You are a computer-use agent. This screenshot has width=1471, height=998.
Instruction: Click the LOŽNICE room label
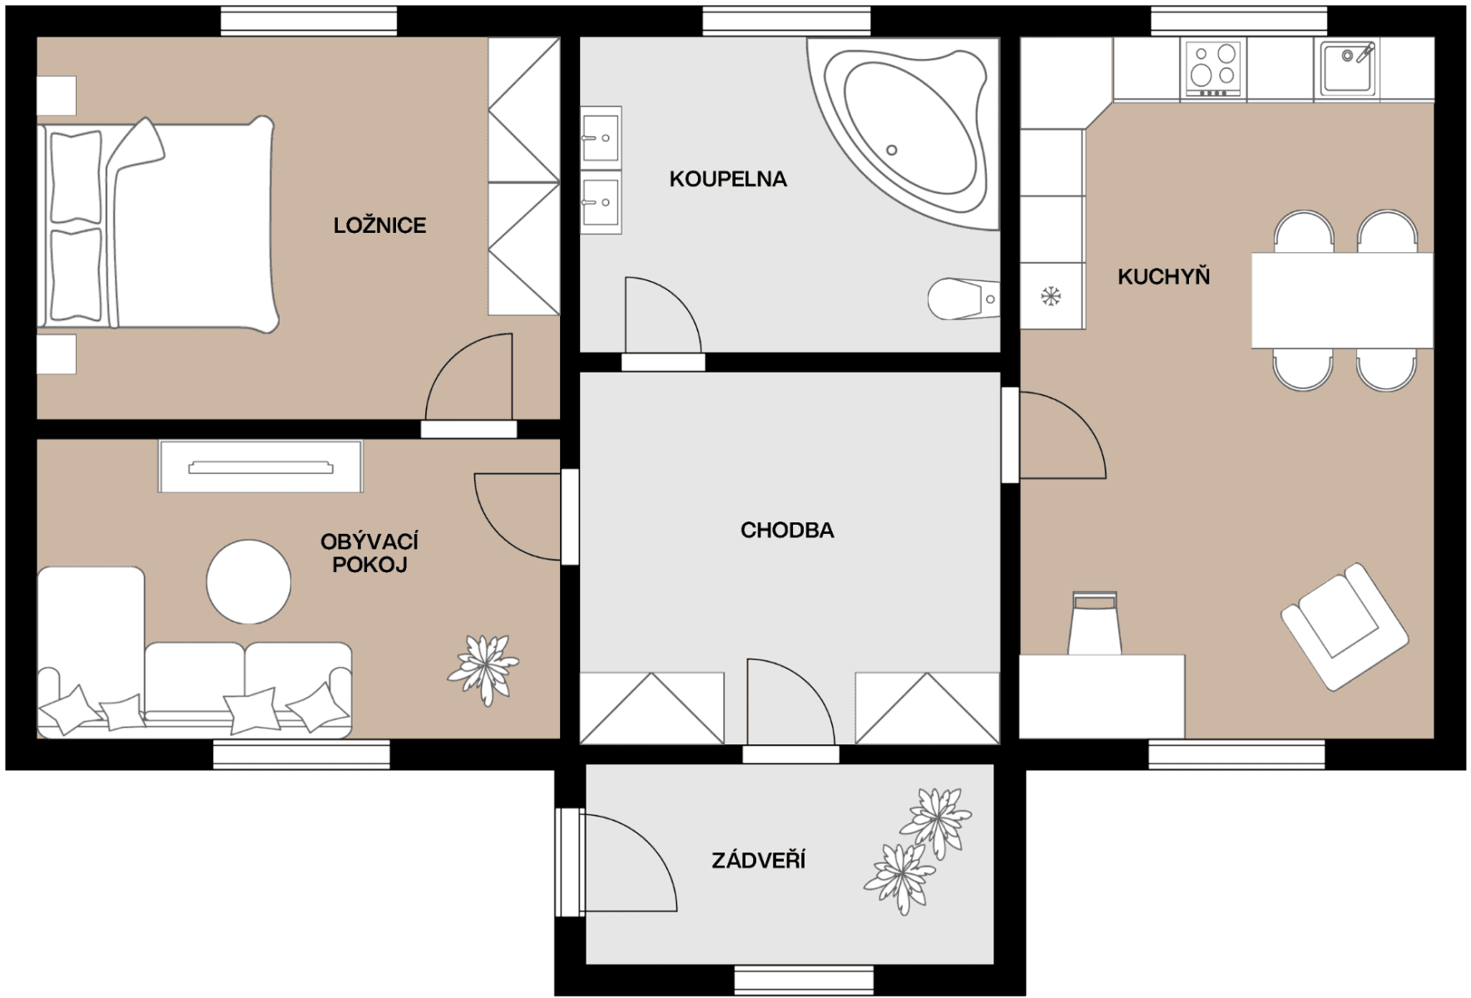point(379,225)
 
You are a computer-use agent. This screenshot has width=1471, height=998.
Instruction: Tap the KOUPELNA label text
point(728,179)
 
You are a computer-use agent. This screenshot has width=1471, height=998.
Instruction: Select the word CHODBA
point(787,530)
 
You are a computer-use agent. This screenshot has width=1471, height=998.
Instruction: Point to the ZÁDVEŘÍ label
point(758,860)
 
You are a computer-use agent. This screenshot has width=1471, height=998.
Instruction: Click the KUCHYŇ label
point(1163,276)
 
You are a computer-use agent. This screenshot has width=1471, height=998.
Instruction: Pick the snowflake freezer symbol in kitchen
point(1051,295)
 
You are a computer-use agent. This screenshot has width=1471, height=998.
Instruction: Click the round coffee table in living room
point(249,581)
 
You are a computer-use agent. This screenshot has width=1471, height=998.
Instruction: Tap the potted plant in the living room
point(483,669)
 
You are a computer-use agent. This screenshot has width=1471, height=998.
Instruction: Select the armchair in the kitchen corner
point(1343,625)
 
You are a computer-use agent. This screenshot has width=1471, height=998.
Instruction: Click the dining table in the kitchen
point(1341,300)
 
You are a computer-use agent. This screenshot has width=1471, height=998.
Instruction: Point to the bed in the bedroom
point(158,225)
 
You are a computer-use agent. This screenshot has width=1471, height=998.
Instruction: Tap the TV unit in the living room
point(260,467)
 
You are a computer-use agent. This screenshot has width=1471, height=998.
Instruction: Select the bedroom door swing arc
point(466,378)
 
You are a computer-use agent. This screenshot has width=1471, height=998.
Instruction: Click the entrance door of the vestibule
point(571,862)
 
